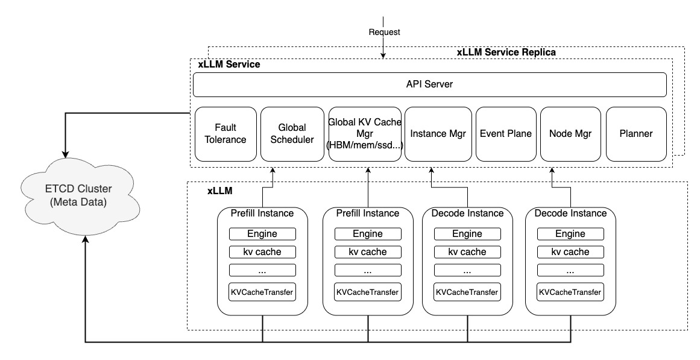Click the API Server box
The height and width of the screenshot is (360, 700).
coord(429,84)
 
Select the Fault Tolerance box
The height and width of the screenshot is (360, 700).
coord(225,134)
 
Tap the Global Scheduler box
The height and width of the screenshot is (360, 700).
coord(292,134)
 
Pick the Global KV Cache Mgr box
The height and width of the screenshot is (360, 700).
coord(364,134)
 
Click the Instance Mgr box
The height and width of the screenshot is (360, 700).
coord(438,134)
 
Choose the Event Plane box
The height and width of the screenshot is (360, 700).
coord(506,134)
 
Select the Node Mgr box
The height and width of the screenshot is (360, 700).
coord(570,134)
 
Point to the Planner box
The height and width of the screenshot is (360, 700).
coord(636,134)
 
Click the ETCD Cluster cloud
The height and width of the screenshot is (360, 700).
coord(79,196)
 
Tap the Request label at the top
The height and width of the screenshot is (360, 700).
coord(385,32)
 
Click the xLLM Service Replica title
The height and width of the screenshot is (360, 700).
coord(506,52)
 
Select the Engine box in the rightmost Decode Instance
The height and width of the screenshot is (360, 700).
coord(570,233)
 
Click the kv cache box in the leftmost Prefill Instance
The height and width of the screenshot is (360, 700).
coord(262,252)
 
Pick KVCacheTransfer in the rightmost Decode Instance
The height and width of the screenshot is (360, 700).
coord(570,292)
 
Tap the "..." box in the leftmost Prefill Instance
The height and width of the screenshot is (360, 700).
coord(262,270)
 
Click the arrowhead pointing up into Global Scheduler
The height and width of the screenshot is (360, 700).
coord(272,171)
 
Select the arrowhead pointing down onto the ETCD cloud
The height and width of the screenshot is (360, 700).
coord(66,154)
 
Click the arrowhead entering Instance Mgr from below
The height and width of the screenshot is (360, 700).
coord(432,171)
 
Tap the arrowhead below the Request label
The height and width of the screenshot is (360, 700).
coord(383,55)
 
